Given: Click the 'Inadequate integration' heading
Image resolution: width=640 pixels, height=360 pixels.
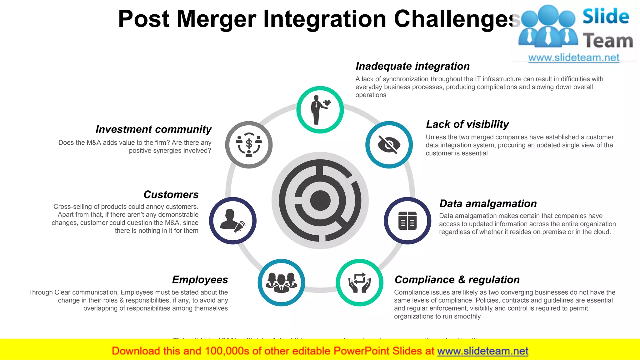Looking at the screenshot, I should [412, 66].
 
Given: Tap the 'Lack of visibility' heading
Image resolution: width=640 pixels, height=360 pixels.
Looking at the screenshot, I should [467, 124].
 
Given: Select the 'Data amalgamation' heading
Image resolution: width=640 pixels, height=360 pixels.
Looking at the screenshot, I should [488, 204].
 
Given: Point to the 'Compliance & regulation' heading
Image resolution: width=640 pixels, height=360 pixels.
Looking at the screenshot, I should [457, 280].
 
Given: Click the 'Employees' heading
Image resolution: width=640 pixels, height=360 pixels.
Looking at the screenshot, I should [200, 280].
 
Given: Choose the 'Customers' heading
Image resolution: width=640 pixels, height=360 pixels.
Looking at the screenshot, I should [171, 195].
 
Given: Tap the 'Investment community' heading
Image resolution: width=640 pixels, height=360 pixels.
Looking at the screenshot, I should [153, 129].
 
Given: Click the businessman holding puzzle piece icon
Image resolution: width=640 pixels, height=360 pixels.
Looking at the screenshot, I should [320, 110].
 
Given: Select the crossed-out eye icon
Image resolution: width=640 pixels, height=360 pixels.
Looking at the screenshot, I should [389, 145].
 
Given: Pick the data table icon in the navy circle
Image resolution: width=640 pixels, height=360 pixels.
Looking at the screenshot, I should [407, 221].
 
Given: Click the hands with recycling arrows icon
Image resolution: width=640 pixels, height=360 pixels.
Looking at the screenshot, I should [359, 282].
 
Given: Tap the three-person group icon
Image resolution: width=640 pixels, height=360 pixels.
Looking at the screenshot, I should [281, 282].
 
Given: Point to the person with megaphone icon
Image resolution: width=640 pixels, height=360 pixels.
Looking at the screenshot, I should [233, 221].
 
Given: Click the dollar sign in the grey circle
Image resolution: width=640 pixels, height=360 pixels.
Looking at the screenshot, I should [249, 144].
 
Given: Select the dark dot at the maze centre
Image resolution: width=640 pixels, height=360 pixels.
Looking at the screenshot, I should [320, 200].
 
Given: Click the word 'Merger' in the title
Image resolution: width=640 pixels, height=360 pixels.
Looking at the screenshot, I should [217, 19].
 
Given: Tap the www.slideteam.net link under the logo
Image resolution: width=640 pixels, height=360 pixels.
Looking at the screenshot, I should [573, 58].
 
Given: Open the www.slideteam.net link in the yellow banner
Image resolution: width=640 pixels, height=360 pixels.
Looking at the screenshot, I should [482, 351].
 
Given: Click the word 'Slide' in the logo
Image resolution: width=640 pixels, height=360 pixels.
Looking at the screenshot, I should [606, 16].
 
